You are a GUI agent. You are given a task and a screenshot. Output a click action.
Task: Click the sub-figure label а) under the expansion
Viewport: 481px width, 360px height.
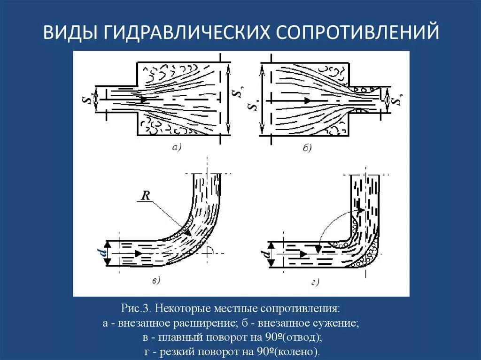177,147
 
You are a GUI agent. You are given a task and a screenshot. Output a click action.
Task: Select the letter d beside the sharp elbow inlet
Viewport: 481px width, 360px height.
266,255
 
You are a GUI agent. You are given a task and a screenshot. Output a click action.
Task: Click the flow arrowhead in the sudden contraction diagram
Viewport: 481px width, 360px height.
307,100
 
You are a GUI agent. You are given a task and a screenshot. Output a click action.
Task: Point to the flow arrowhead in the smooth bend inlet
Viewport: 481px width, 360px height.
139,253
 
